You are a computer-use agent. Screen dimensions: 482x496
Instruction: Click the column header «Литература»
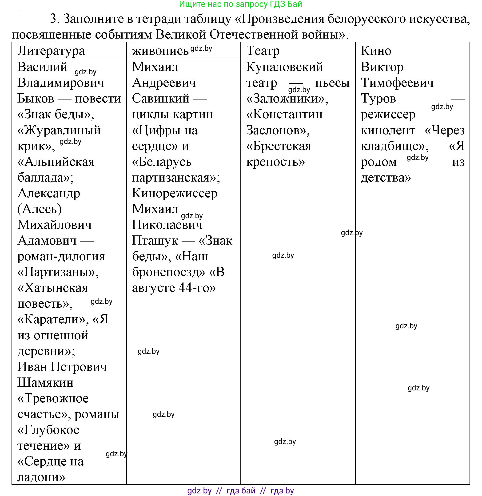coord(51,51)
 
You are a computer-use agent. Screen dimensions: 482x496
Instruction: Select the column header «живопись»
coord(160,51)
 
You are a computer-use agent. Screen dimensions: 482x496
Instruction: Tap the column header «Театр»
coord(263,51)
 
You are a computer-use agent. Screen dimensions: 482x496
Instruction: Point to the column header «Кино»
coord(376,51)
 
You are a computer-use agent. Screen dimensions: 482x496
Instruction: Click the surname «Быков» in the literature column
coord(36,99)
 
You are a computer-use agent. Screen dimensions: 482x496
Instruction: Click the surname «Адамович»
coord(47,240)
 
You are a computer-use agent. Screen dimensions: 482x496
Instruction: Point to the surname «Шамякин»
coord(46,383)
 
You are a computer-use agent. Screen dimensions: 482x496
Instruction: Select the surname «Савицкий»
coord(161,99)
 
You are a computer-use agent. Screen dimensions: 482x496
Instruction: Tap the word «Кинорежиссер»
coord(175,193)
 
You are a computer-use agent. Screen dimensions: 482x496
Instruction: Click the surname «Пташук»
coord(155,241)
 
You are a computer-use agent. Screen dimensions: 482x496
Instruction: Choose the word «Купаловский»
coord(285,67)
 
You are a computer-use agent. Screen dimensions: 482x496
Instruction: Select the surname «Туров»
coord(378,99)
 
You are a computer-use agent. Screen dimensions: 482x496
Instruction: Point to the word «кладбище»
coord(393,146)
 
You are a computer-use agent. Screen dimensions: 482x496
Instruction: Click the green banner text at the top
coord(240,4)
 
